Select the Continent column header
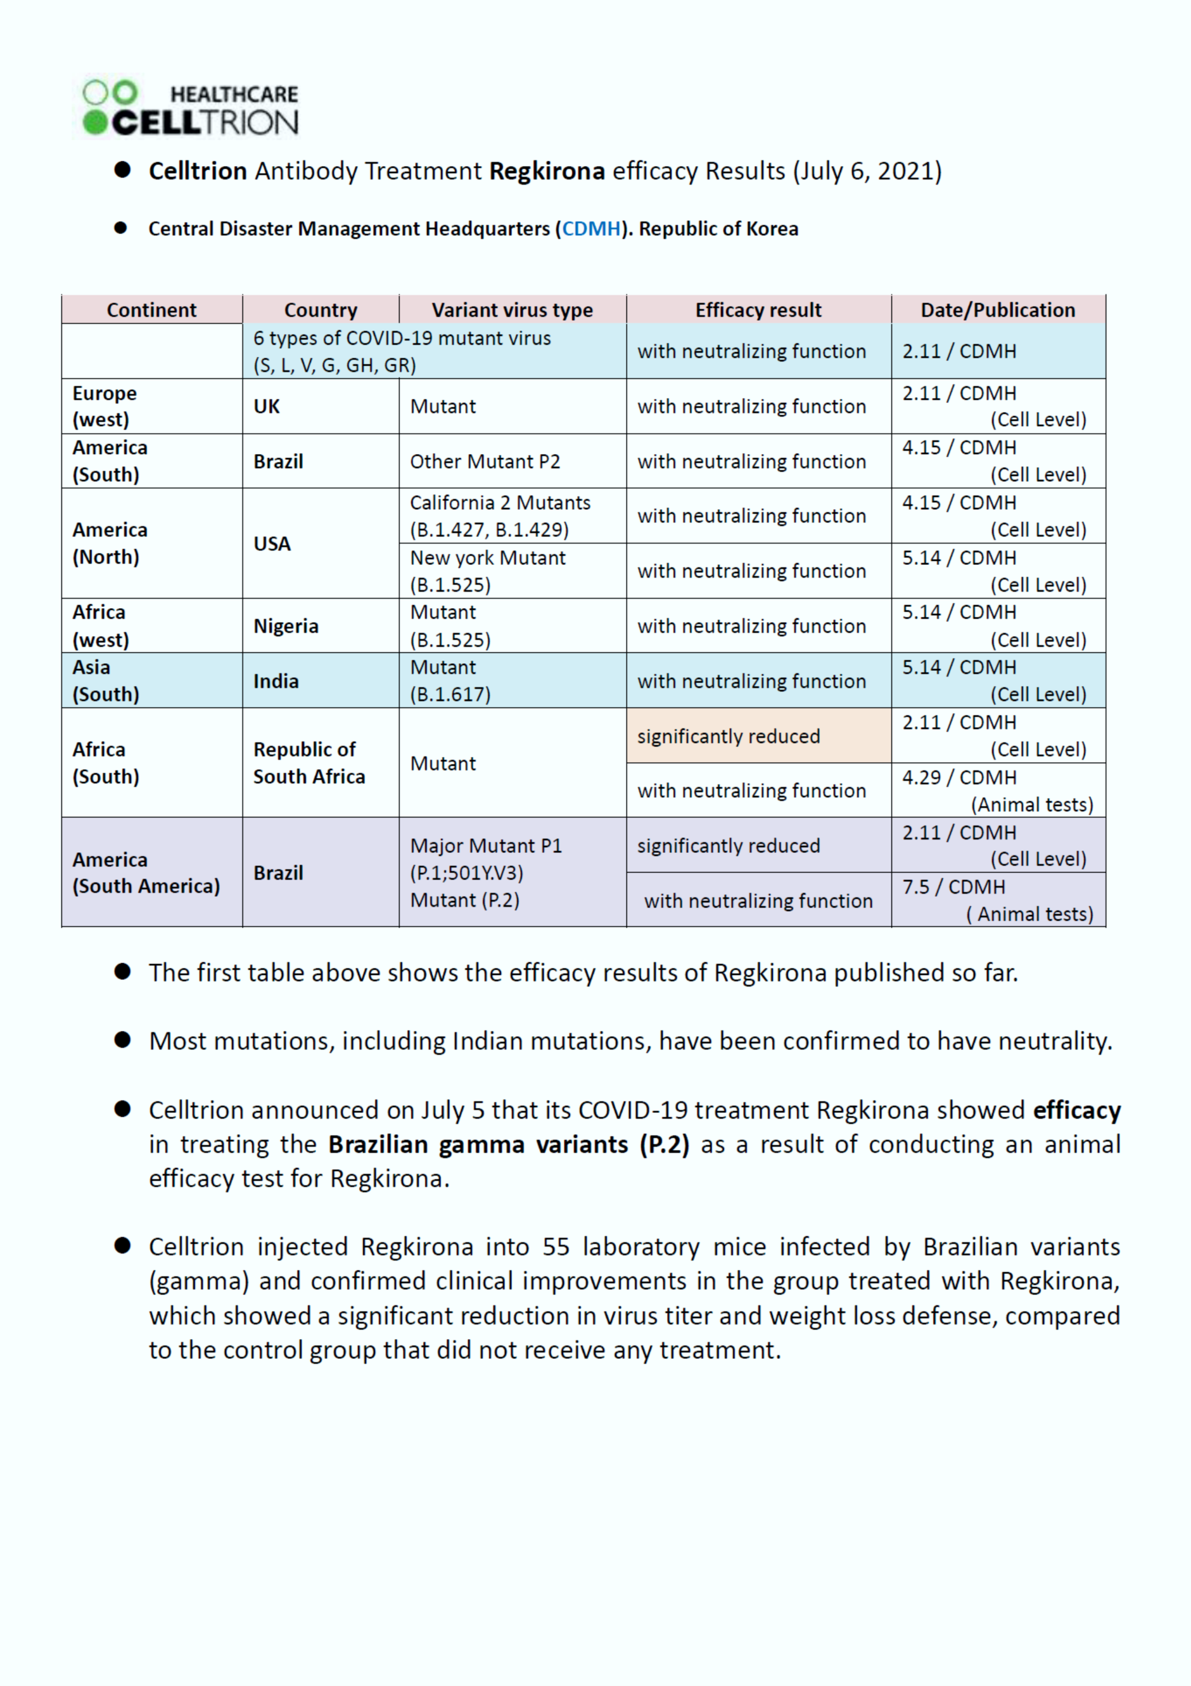pos(151,310)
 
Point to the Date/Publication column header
pos(997,310)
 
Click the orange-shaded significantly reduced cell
pos(758,736)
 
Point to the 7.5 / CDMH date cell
pos(997,900)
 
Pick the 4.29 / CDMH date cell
pos(997,790)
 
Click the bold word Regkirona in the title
pos(547,171)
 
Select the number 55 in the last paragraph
pos(556,1247)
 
